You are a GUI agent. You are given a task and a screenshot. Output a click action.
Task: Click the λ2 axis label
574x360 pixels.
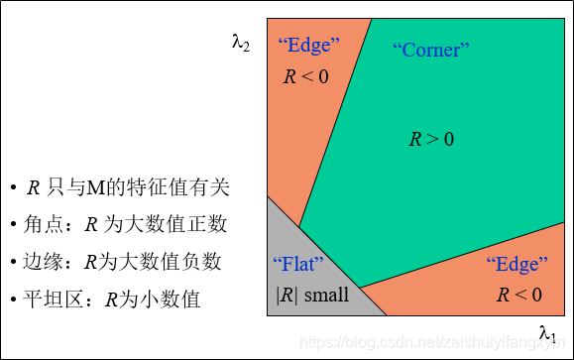click(x=241, y=44)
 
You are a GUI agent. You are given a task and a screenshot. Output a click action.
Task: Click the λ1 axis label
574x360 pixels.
click(x=547, y=332)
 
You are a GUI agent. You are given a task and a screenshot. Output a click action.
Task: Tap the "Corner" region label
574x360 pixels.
click(x=430, y=49)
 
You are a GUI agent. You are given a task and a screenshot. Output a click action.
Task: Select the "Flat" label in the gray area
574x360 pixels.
click(x=298, y=265)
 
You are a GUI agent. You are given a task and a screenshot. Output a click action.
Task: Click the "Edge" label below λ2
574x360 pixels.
click(x=308, y=45)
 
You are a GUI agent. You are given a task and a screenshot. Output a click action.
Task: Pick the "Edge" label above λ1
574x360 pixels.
click(x=517, y=265)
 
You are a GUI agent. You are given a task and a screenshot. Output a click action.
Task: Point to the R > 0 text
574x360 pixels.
click(x=431, y=140)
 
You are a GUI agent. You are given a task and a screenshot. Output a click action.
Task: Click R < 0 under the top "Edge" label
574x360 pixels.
click(x=305, y=75)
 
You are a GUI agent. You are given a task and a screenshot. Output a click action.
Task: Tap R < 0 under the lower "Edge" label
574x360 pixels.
click(x=518, y=295)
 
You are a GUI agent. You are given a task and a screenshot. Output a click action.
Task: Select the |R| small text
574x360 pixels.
click(x=312, y=295)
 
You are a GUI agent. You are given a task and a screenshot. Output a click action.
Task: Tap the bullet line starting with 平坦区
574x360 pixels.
click(x=110, y=299)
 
